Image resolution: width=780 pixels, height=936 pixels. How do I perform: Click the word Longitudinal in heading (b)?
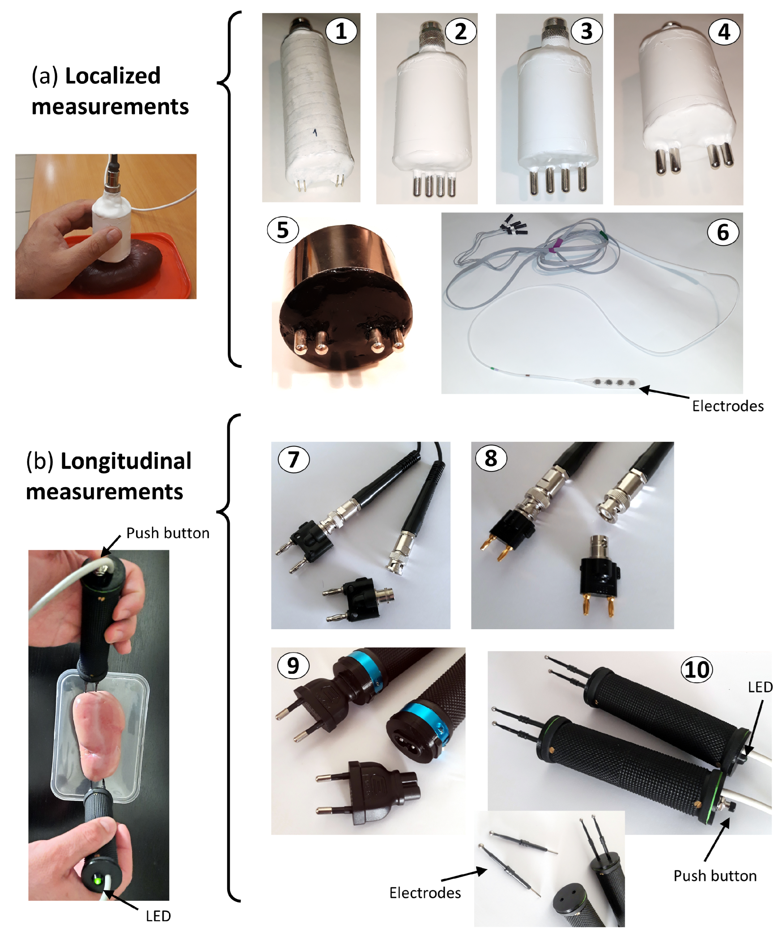pyautogui.click(x=126, y=461)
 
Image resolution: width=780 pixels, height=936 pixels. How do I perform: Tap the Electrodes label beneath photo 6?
pyautogui.click(x=727, y=406)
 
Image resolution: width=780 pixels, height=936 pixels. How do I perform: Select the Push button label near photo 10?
pyautogui.click(x=714, y=876)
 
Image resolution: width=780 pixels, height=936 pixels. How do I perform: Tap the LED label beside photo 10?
pyautogui.click(x=760, y=687)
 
